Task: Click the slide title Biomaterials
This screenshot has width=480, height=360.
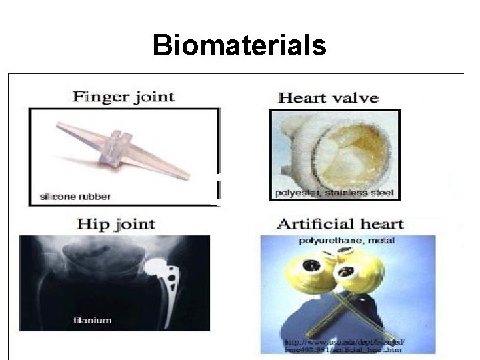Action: (239, 46)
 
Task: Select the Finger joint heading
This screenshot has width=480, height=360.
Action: (123, 97)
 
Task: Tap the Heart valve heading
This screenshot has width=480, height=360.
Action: (327, 99)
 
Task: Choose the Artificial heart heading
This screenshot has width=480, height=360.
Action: (341, 224)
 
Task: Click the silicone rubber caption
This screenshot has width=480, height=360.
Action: (75, 197)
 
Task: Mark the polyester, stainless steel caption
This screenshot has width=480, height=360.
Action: (335, 195)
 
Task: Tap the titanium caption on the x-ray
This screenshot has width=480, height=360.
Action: (92, 321)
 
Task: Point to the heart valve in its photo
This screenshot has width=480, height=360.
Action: (333, 152)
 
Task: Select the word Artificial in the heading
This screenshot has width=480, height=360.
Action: (313, 224)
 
